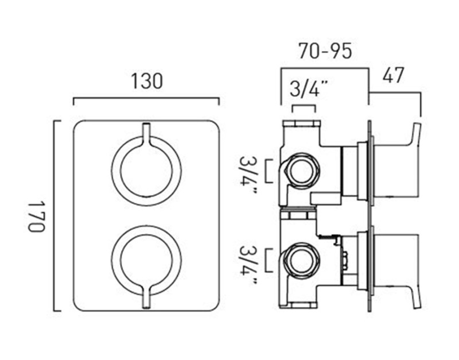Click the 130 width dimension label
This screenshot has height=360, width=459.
point(146,82)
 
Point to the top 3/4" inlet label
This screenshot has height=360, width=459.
point(308,89)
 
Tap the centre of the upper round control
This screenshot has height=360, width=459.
point(146,171)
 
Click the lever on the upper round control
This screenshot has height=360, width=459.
point(146,135)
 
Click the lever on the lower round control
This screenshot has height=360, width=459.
point(146,296)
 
